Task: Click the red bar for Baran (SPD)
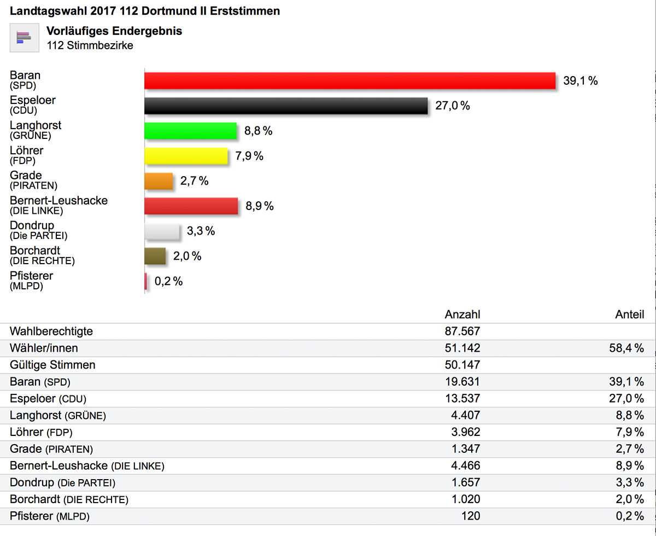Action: (x=350, y=81)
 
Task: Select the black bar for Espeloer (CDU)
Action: (x=285, y=106)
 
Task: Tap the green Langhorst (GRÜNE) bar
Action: (x=190, y=131)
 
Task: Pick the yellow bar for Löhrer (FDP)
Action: (x=186, y=156)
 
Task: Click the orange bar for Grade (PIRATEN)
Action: (x=159, y=181)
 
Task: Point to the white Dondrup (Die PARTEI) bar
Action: (x=162, y=231)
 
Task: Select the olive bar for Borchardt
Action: (x=155, y=257)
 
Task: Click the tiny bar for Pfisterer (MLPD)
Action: (x=145, y=282)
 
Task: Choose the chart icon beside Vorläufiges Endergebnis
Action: (x=24, y=38)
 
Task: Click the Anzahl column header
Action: (x=462, y=314)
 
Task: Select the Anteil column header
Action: (x=629, y=314)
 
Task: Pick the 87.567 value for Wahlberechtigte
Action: (x=462, y=331)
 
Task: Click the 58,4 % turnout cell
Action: (x=626, y=348)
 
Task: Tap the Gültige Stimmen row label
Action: (x=52, y=365)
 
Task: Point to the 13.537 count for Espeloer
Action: (x=462, y=399)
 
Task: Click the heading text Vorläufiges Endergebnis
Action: (x=114, y=31)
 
